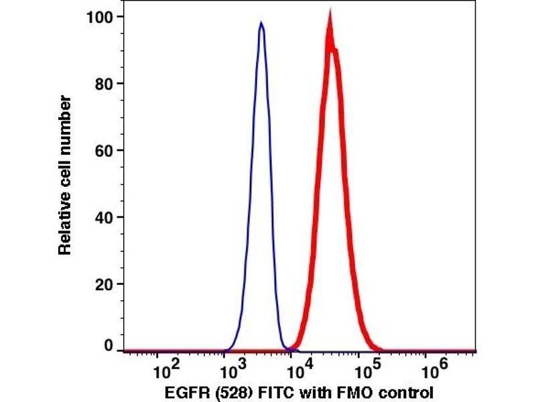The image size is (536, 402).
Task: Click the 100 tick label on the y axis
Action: [x=100, y=16]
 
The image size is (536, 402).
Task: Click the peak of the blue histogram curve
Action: [x=261, y=23]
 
